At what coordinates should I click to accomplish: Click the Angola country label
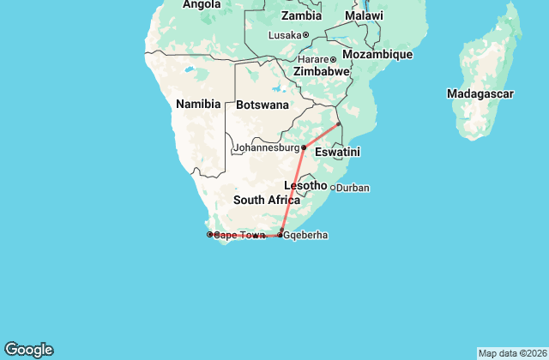202,4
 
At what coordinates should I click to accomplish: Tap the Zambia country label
301,15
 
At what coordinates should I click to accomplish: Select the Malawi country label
364,16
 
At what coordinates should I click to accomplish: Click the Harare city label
314,59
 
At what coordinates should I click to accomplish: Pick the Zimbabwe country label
321,72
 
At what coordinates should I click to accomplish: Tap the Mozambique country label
377,54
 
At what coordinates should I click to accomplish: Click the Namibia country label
198,104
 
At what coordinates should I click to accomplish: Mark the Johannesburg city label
266,147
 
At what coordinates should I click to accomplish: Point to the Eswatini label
337,152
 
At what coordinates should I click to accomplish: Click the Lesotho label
305,185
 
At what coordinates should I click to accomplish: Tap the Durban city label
353,188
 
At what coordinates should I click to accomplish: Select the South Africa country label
267,200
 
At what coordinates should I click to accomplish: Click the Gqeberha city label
305,235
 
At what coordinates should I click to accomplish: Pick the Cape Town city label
238,235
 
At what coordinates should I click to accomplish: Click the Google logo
28,350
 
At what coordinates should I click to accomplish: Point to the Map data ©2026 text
511,353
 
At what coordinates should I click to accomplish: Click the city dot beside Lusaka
306,35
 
